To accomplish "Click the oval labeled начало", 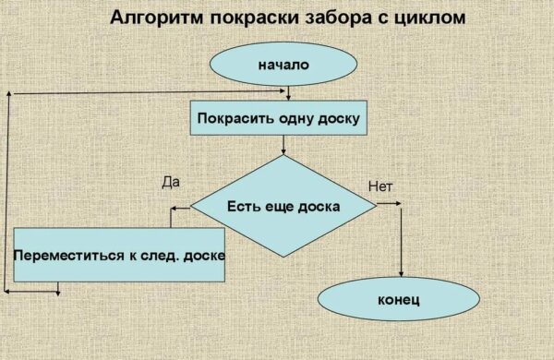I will pos(283,65).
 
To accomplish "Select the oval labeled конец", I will pos(399,300).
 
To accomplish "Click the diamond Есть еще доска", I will pos(283,205).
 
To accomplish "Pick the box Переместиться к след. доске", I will pos(119,252).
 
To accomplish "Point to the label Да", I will pos(169,183).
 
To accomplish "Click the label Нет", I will pos(380,187).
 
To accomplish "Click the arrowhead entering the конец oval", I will pos(401,275).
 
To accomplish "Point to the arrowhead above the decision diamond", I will pos(283,150).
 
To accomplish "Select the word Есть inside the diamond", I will pos(243,205).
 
